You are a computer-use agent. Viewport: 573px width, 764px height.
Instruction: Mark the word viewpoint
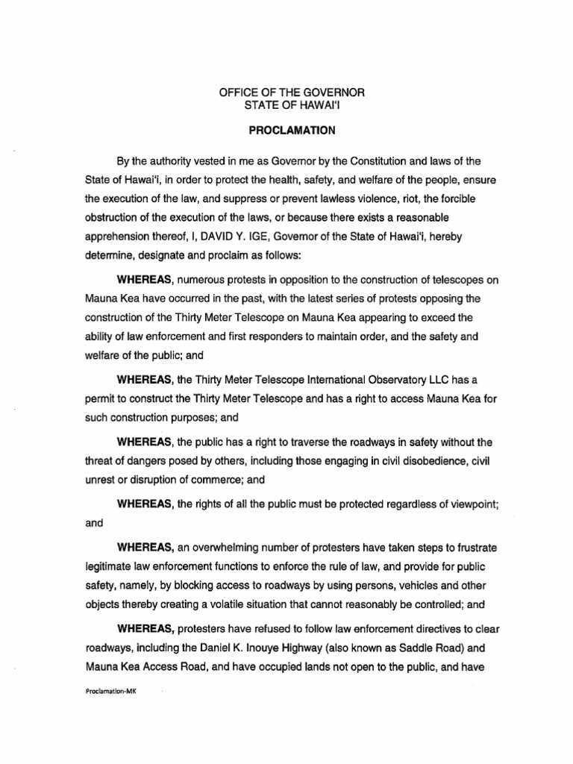click(x=462, y=504)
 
